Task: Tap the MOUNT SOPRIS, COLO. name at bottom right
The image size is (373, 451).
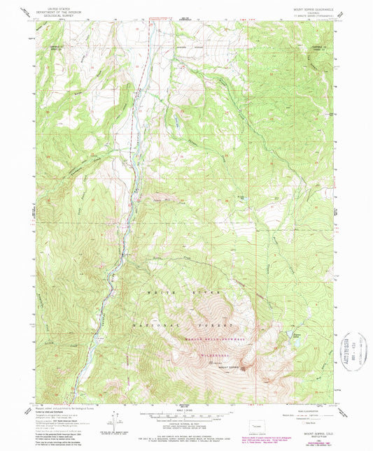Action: tap(316, 434)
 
